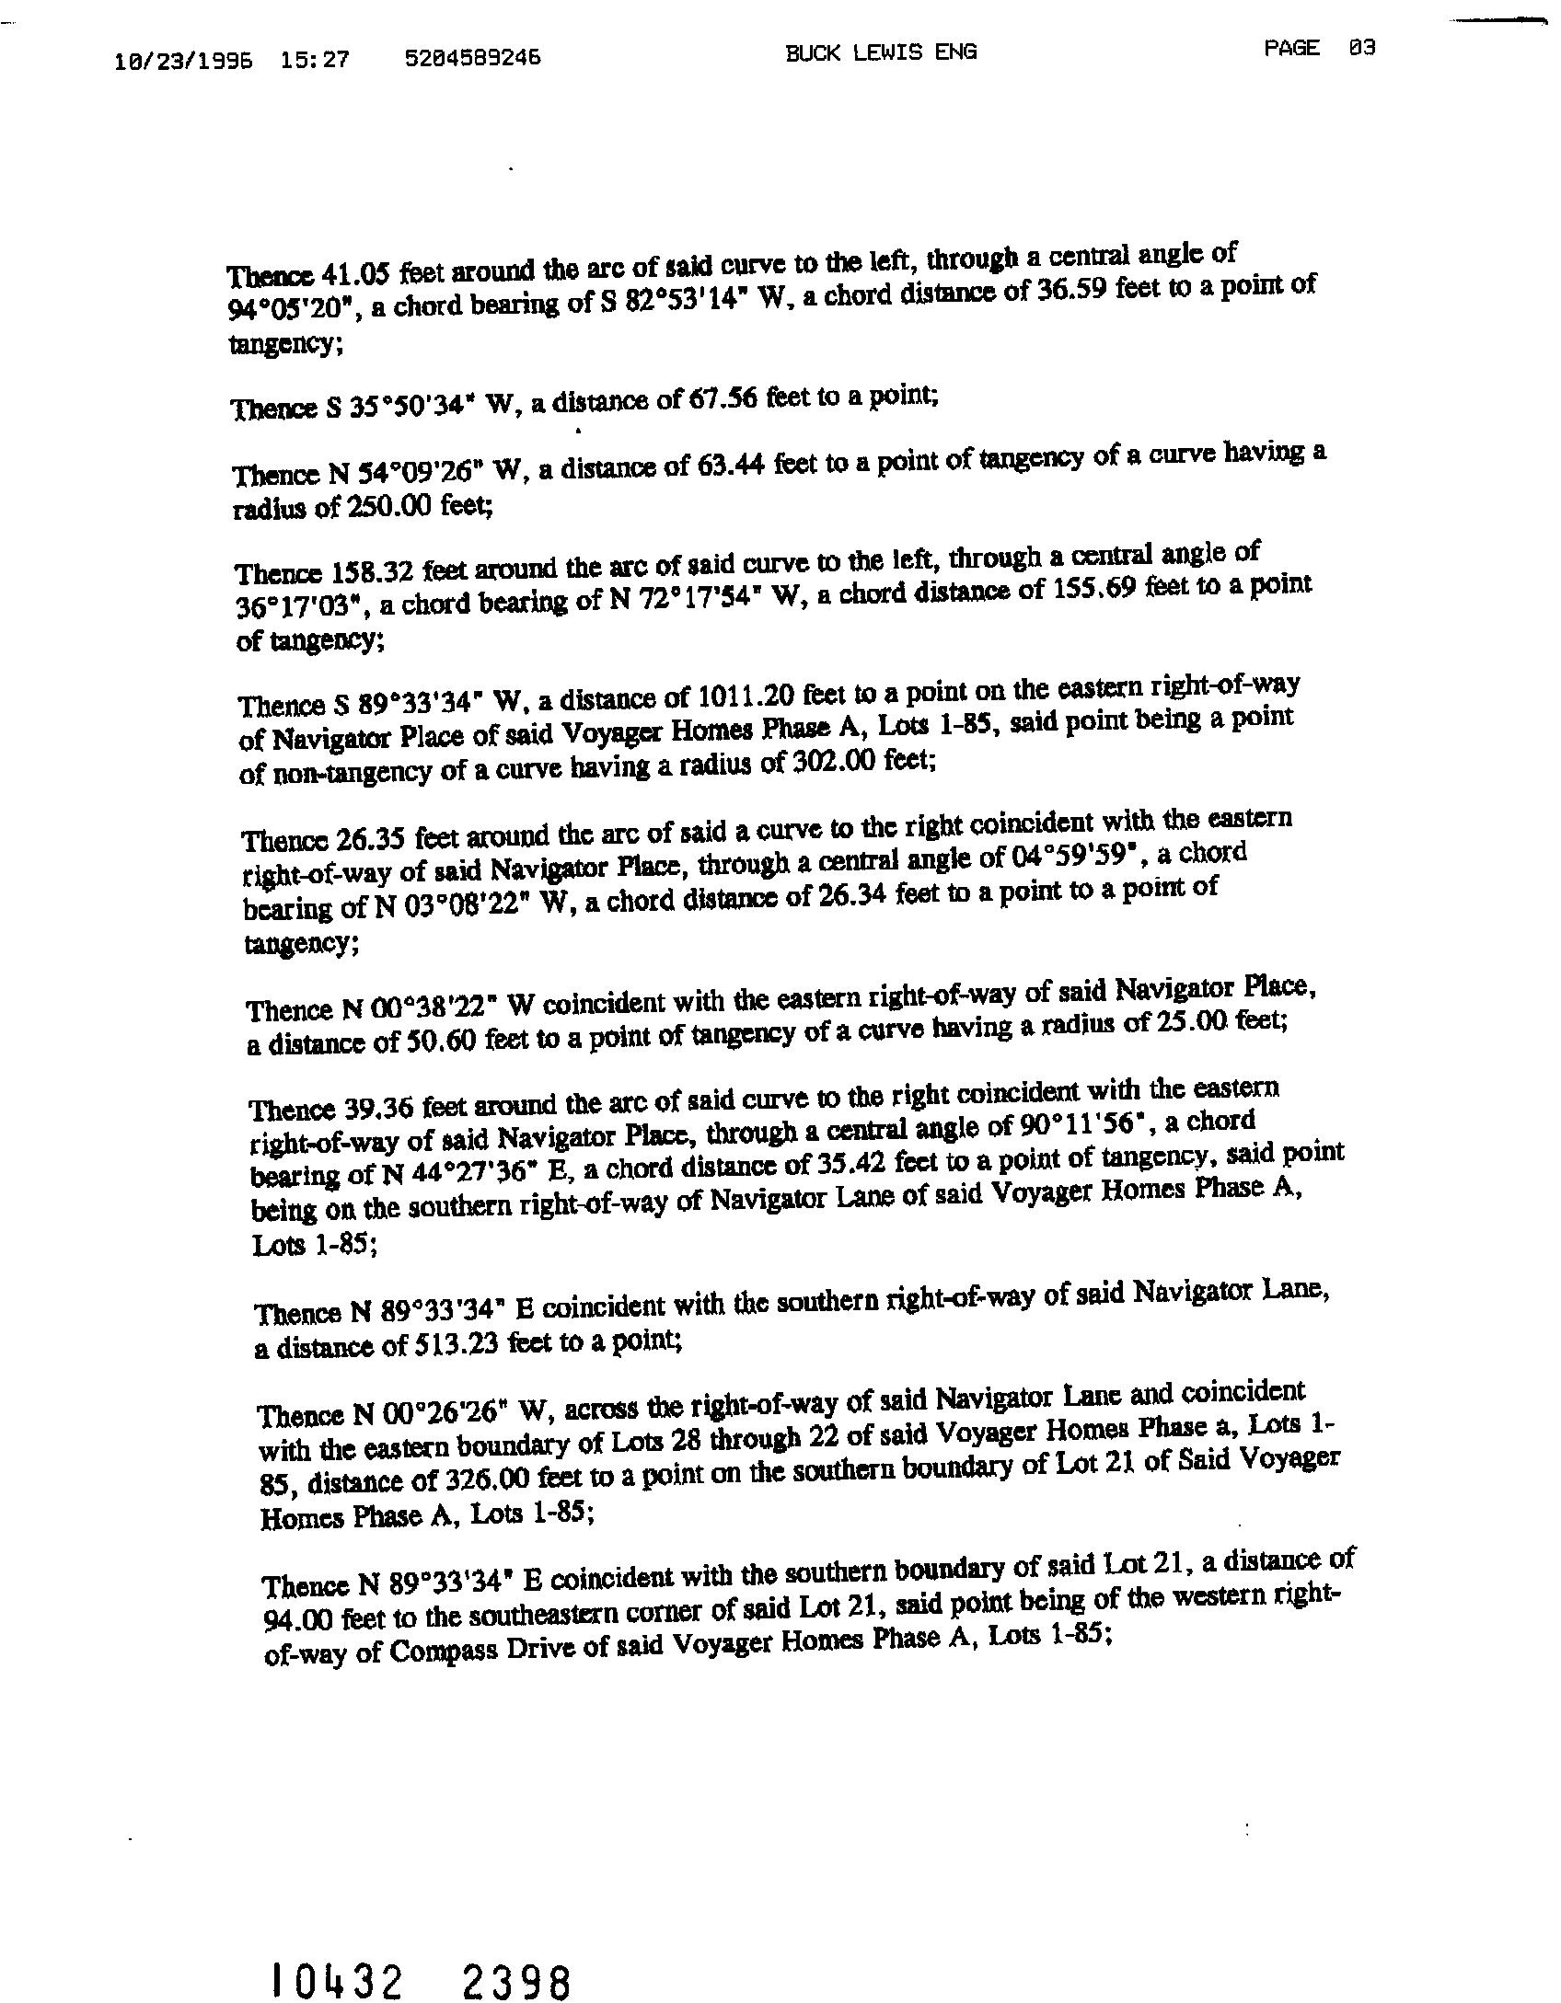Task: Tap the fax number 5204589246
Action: click(x=472, y=58)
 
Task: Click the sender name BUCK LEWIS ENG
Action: click(x=880, y=52)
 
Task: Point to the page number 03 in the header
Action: click(x=1361, y=48)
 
